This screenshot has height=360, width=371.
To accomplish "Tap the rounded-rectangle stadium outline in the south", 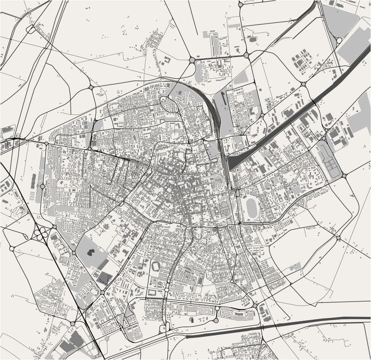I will pyautogui.click(x=155, y=267).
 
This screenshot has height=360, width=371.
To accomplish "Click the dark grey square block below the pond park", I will pyautogui.click(x=104, y=278).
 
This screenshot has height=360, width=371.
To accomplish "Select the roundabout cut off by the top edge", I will pyautogui.click(x=240, y=4).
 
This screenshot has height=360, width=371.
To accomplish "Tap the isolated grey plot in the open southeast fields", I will pyautogui.click(x=295, y=266).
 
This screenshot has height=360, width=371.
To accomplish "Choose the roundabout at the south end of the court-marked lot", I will pyautogui.click(x=344, y=176).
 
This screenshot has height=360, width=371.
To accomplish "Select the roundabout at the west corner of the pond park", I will pyautogui.click(x=73, y=253).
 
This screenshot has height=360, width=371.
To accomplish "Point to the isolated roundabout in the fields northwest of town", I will pyautogui.click(x=91, y=87).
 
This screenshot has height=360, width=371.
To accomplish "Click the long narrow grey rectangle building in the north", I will pyautogui.click(x=214, y=44).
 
